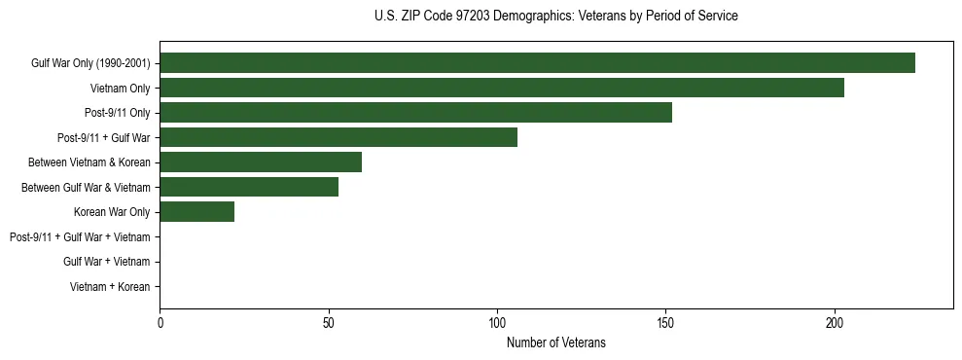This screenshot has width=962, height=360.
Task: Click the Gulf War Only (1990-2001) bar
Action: click(537, 63)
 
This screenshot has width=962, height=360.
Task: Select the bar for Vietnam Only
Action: click(502, 88)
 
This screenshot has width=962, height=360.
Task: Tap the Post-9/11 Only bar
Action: click(415, 113)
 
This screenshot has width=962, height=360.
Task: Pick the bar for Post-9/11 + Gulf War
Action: click(338, 137)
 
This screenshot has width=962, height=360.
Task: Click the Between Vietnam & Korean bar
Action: click(261, 162)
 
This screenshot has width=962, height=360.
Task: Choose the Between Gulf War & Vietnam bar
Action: click(249, 187)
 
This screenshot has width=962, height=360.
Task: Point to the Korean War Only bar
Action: click(196, 212)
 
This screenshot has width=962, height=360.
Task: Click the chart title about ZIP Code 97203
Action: click(555, 17)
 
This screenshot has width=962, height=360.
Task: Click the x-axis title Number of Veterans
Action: click(555, 342)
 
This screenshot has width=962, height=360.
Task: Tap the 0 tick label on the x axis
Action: click(160, 322)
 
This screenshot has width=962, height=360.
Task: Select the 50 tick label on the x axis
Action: click(329, 322)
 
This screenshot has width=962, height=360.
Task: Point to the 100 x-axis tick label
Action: click(497, 322)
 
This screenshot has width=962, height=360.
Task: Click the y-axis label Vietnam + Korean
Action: click(110, 287)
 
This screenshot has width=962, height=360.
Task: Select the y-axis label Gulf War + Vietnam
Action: click(106, 262)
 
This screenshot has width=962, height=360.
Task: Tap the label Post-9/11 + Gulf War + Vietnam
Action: click(80, 237)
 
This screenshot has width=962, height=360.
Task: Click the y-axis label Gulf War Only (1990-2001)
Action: click(90, 63)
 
